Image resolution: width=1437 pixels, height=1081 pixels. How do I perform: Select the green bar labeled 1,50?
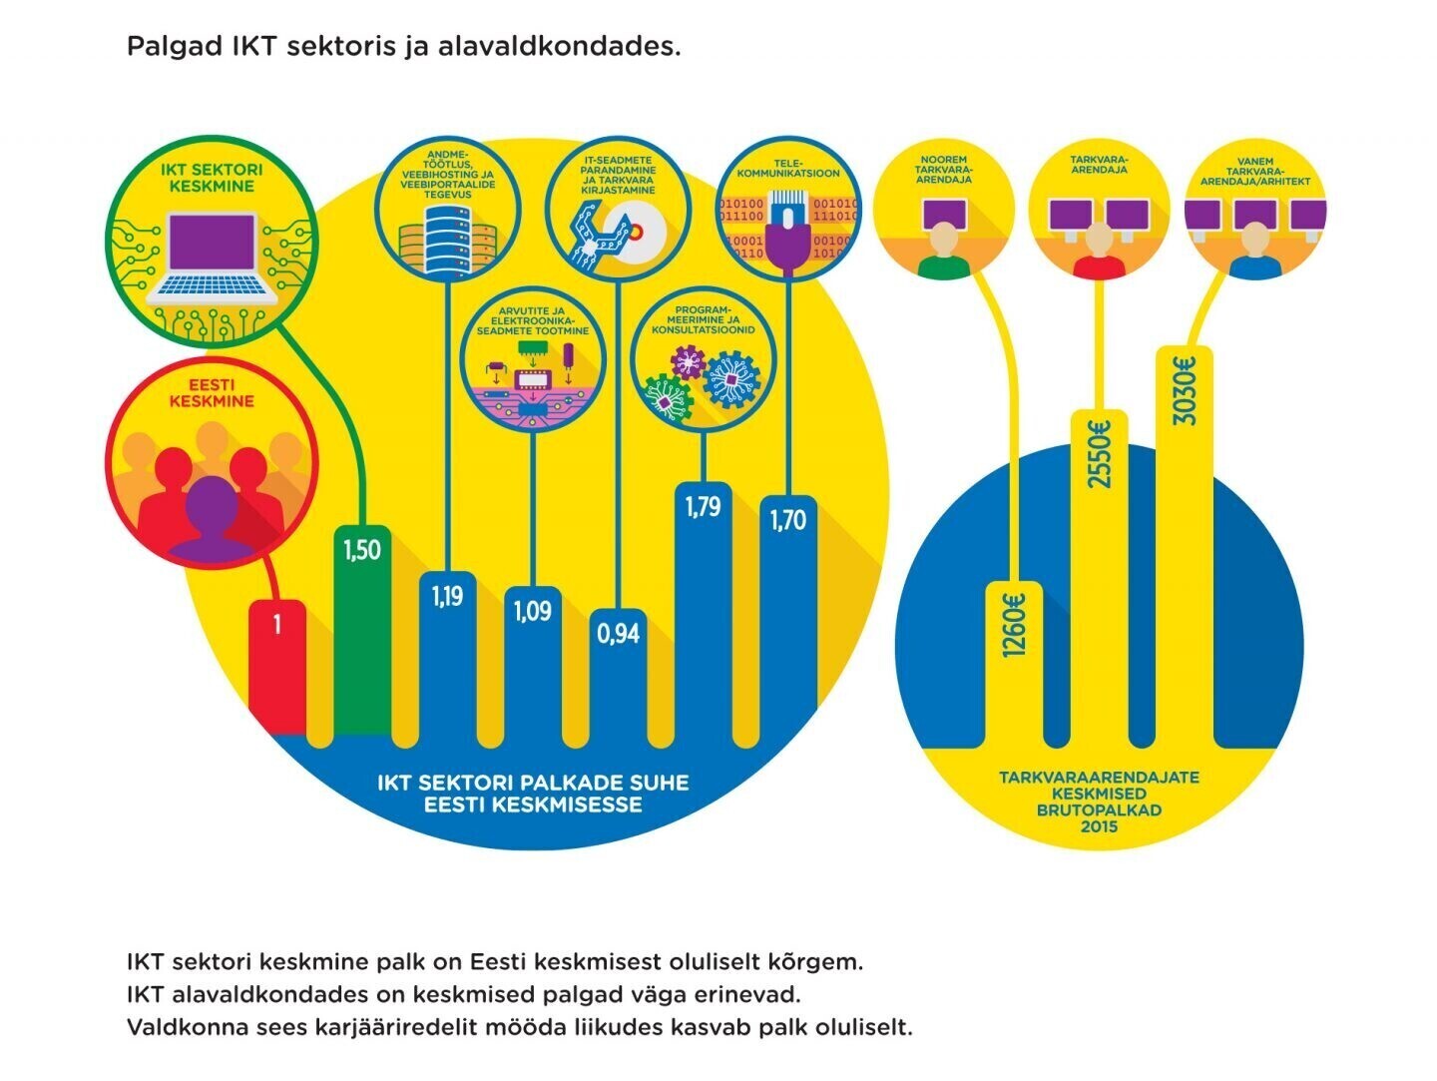(361, 639)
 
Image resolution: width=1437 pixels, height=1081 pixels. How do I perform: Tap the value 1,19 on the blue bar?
(447, 596)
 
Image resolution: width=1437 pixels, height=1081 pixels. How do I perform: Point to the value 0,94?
(619, 632)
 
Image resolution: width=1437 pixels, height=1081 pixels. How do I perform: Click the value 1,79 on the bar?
(703, 507)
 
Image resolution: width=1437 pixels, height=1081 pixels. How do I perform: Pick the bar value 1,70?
(788, 519)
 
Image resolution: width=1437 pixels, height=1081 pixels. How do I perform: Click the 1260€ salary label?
(1014, 625)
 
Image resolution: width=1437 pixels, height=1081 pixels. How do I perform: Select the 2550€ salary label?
(1099, 455)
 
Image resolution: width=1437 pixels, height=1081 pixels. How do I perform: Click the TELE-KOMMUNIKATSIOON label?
(788, 168)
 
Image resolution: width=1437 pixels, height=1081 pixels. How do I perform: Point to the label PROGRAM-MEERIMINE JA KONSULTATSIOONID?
(704, 319)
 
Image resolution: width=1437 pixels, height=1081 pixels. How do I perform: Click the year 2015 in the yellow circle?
(1099, 826)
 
